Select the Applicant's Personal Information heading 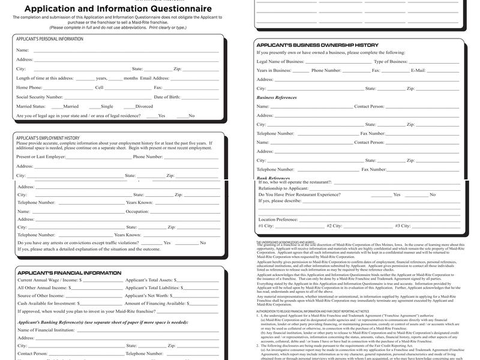coord(50,39)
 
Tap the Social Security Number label coord(39,97)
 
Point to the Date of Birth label coord(167,97)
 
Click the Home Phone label coord(29,87)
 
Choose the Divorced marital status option coord(144,106)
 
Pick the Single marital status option coord(107,106)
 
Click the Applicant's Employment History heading coord(47,138)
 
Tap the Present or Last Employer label coord(41,157)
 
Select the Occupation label coord(137,211)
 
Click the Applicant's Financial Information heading coord(69,273)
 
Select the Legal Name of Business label coord(280,61)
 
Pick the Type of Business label coord(391,61)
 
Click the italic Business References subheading coord(277,97)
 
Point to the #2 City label coord(334,226)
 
